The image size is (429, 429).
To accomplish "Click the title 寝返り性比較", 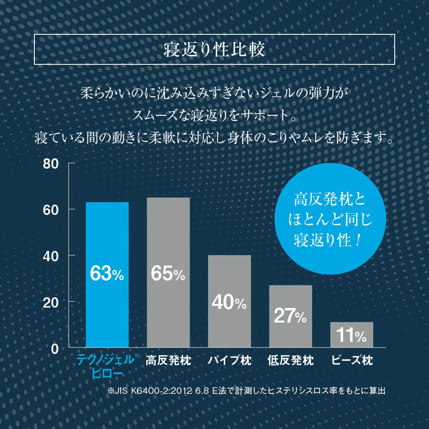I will click(x=214, y=49).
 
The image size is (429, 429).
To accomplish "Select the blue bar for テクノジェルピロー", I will click(x=107, y=240).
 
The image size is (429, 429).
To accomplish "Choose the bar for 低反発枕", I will click(x=290, y=300).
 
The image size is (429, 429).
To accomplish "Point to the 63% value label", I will click(x=107, y=274).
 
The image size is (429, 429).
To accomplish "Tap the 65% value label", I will click(x=168, y=274).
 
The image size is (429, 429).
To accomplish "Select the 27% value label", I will click(x=290, y=316).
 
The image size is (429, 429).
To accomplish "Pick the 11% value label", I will click(x=351, y=335).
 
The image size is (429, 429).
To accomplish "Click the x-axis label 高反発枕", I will click(x=168, y=360).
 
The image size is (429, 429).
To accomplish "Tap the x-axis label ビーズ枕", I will click(x=352, y=360).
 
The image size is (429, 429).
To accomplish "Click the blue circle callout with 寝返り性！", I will click(x=330, y=219).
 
